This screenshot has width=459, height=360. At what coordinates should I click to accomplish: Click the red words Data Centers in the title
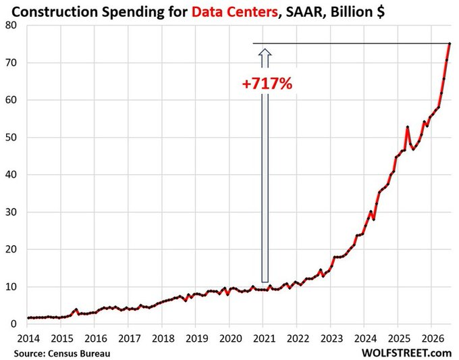(235, 12)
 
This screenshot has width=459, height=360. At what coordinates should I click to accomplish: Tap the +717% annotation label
(267, 84)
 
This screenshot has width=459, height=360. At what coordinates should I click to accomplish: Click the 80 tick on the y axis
(11, 26)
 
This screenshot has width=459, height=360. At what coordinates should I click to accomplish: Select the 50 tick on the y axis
(11, 137)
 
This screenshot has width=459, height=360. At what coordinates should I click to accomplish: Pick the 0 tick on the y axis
(13, 324)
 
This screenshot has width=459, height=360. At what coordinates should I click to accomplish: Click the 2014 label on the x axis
(28, 338)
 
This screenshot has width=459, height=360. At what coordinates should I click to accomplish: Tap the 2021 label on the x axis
(265, 338)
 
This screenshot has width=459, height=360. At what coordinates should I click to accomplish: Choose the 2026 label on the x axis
(433, 338)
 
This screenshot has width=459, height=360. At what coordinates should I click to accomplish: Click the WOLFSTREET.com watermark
(407, 353)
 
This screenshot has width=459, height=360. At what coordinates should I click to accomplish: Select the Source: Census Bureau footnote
(62, 353)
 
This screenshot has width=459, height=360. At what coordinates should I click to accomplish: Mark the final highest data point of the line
(450, 44)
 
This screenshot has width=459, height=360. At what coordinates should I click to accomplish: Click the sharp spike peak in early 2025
(408, 127)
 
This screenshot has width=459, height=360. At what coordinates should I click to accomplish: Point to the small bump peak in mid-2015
(76, 309)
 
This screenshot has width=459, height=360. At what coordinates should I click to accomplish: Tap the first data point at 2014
(28, 318)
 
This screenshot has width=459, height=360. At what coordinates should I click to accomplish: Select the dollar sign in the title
(381, 12)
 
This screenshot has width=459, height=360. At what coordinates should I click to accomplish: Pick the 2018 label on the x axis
(163, 338)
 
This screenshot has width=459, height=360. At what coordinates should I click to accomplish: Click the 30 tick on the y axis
(11, 212)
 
